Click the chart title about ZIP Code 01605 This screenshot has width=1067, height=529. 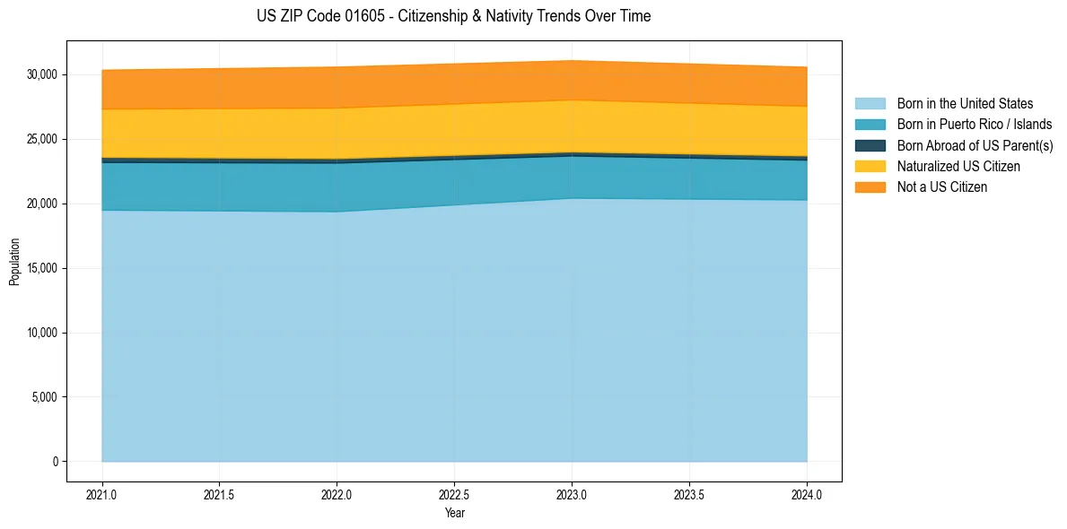point(453,16)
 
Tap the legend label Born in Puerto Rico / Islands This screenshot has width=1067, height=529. point(975,125)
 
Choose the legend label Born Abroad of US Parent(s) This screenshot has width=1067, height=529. point(975,145)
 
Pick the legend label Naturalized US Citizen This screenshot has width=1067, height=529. point(958,167)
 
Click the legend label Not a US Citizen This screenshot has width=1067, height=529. point(941,187)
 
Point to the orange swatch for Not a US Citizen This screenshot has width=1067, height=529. point(870,187)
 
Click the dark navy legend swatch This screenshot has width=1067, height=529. point(870,145)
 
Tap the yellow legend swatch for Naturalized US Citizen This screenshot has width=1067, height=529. point(870,167)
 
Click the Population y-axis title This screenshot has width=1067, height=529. point(14,262)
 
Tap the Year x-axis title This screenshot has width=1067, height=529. point(454,514)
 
